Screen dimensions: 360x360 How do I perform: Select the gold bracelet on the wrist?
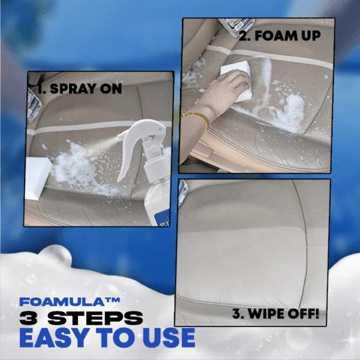click(198, 120)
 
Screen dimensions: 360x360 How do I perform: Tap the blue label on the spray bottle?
click(162, 218)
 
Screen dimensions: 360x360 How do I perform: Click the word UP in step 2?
click(311, 36)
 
